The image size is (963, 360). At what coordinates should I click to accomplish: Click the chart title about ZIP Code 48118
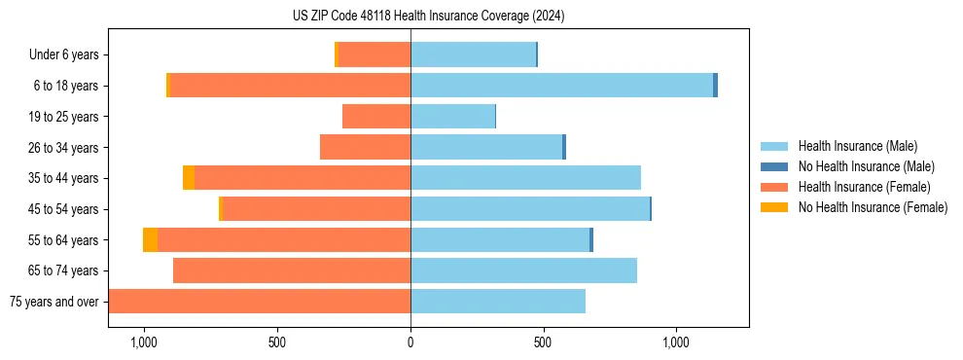pyautogui.click(x=428, y=17)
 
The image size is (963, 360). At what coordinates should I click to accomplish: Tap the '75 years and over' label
pyautogui.click(x=53, y=302)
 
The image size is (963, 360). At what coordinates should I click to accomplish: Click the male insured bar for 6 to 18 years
pyautogui.click(x=561, y=86)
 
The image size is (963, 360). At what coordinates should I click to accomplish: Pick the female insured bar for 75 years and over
pyautogui.click(x=259, y=302)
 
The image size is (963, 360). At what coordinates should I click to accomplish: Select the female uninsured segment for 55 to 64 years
pyautogui.click(x=150, y=240)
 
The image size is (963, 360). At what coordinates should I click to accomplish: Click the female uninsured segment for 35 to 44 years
pyautogui.click(x=189, y=178)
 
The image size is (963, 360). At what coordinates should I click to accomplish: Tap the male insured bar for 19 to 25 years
pyautogui.click(x=452, y=117)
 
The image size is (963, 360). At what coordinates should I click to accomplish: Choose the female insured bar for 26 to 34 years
pyautogui.click(x=365, y=147)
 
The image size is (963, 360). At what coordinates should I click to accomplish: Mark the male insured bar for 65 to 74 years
pyautogui.click(x=523, y=270)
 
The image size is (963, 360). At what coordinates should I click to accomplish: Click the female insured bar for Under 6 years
pyautogui.click(x=374, y=55)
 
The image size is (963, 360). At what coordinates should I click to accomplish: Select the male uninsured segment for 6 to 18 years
pyautogui.click(x=715, y=86)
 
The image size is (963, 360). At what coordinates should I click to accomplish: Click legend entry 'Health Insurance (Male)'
pyautogui.click(x=857, y=146)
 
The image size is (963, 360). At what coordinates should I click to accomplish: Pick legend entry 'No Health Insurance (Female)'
pyautogui.click(x=873, y=207)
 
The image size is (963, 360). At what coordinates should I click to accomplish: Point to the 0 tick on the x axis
pyautogui.click(x=410, y=342)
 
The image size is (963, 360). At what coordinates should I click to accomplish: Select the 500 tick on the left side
pyautogui.click(x=277, y=342)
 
